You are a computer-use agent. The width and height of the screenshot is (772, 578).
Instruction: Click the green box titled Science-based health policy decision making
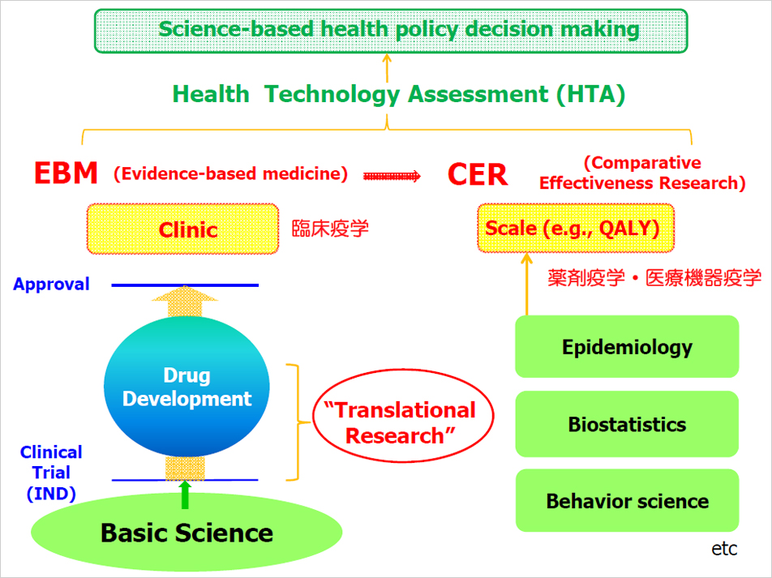click(390, 31)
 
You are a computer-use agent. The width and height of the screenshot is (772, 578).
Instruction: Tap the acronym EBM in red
click(66, 173)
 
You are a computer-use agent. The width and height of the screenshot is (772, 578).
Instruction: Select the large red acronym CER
click(477, 174)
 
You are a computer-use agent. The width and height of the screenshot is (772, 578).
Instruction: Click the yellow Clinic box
click(182, 229)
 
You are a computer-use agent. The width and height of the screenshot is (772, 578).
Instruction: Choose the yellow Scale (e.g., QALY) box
click(576, 228)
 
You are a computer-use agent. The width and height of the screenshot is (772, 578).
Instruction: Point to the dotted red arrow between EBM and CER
click(392, 176)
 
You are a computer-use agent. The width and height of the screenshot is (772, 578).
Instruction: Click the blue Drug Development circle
click(187, 387)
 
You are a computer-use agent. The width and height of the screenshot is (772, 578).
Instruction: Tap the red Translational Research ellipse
click(403, 416)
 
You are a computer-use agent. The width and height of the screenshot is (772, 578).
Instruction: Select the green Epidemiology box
click(627, 347)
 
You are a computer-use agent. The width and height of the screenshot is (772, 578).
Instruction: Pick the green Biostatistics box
click(627, 424)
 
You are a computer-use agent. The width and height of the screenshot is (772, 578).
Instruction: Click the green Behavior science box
click(627, 500)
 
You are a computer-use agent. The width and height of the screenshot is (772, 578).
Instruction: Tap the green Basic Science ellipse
click(187, 533)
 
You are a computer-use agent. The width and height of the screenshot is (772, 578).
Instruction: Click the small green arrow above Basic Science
click(185, 495)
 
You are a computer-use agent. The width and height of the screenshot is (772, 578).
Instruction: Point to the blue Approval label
click(51, 284)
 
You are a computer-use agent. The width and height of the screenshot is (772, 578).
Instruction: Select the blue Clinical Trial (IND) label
click(51, 473)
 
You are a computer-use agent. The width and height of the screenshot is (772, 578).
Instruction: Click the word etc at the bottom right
click(724, 549)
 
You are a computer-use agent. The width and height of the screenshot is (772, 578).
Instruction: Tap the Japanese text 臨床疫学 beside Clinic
click(330, 229)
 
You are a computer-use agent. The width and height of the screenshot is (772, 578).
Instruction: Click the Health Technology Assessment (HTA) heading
click(398, 94)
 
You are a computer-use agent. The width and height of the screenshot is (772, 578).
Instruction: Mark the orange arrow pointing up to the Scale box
click(527, 284)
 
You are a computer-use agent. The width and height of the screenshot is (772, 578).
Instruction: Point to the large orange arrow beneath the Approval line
click(185, 302)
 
